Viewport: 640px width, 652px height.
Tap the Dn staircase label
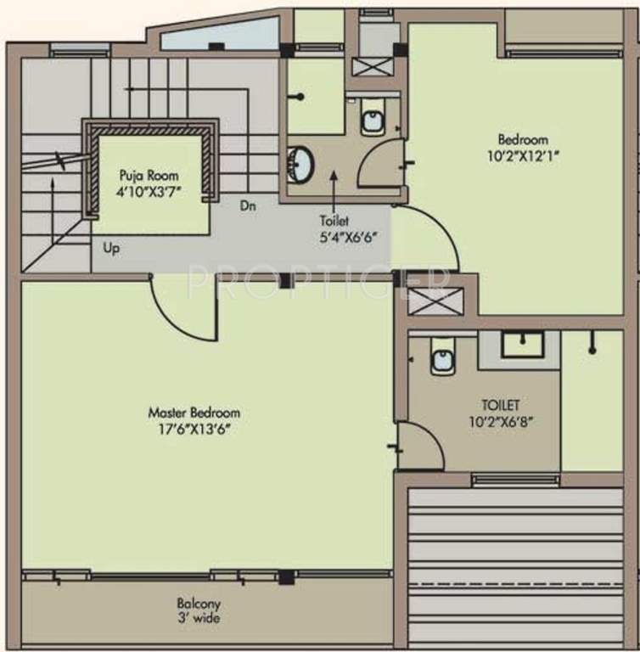tap(248, 205)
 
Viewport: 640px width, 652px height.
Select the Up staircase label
tap(111, 249)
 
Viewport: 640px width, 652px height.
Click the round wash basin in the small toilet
tap(300, 163)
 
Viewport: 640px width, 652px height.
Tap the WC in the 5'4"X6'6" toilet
tap(373, 120)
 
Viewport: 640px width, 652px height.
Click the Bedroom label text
tap(522, 139)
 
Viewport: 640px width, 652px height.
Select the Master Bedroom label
tap(194, 413)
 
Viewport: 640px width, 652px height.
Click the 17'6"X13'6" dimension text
tap(194, 429)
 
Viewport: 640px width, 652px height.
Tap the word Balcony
tap(199, 604)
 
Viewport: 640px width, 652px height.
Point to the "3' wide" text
tap(199, 619)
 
